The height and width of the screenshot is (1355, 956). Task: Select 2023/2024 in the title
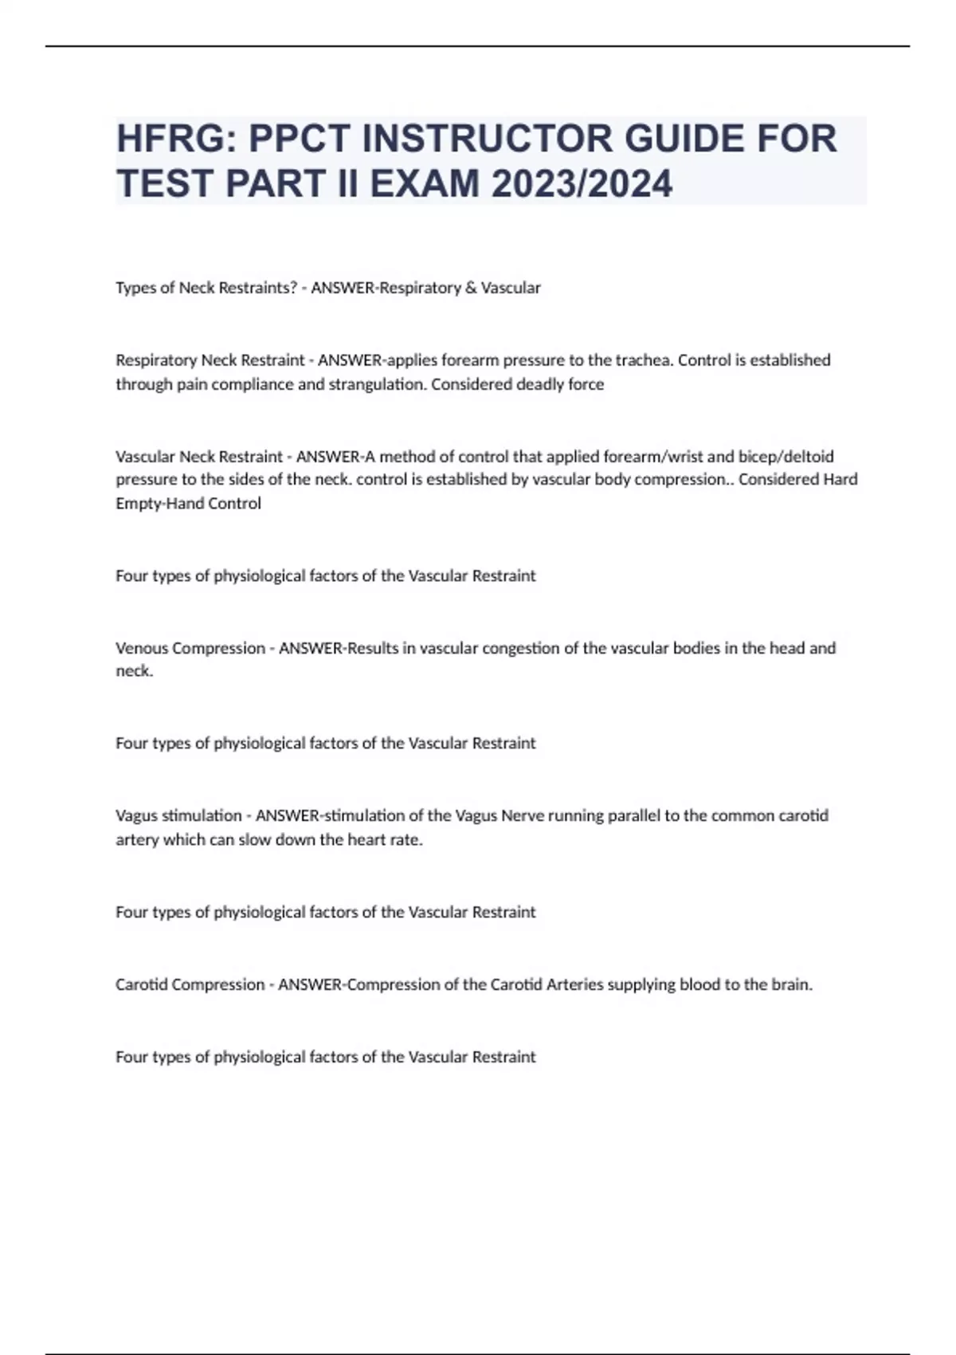(582, 183)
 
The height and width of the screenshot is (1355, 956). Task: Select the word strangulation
(377, 384)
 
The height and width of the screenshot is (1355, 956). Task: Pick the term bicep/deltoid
(786, 457)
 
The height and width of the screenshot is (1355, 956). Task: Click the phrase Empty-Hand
(159, 504)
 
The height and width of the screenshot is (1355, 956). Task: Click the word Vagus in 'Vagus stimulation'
(136, 815)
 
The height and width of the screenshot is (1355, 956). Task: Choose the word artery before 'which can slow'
(137, 839)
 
